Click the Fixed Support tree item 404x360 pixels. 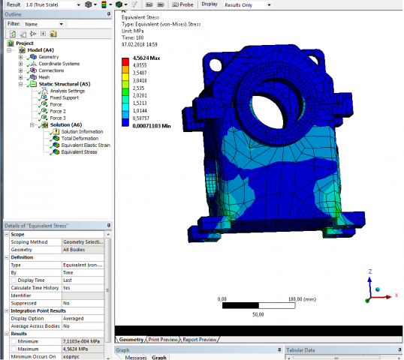click(65, 97)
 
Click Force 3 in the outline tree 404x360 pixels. click(58, 118)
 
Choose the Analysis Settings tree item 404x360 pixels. click(68, 91)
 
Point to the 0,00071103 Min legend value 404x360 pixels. click(151, 125)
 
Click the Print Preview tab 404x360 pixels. click(164, 340)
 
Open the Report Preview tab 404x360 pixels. click(200, 340)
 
